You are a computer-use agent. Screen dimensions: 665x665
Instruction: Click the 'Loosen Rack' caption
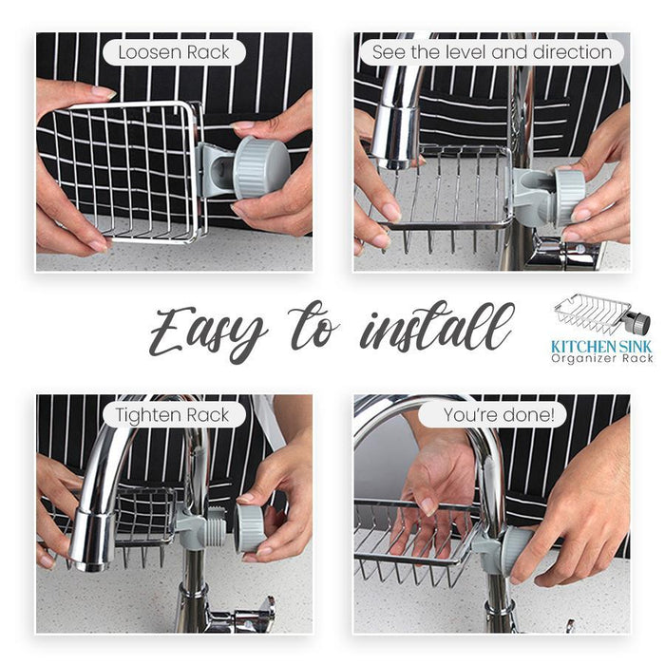[174, 52]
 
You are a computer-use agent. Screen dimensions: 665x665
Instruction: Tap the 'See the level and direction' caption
[491, 52]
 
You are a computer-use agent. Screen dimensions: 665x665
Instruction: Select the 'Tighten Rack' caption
[174, 414]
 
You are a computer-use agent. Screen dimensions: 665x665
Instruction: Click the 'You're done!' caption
[491, 414]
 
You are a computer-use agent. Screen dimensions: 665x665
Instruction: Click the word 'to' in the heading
[314, 331]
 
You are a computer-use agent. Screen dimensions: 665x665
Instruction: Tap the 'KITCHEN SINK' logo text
[602, 348]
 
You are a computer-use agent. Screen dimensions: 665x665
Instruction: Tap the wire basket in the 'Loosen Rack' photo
[123, 171]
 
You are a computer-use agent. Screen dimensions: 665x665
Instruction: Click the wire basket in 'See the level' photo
[446, 190]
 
